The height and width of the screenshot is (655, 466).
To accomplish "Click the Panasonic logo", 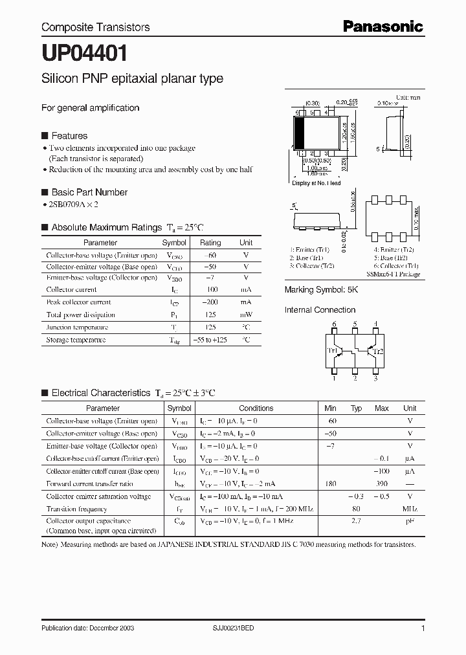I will click(x=383, y=27).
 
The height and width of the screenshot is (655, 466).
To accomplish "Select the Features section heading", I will click(x=69, y=136).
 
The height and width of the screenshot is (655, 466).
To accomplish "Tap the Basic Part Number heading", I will click(x=89, y=192).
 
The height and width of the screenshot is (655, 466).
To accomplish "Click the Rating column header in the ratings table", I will click(x=210, y=243).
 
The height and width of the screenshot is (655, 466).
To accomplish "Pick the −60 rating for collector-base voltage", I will click(x=210, y=254).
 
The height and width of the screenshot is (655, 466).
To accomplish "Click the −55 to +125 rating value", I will click(x=210, y=340).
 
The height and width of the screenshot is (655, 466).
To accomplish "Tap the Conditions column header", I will click(x=256, y=408).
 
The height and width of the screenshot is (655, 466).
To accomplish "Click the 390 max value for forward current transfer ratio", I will click(x=382, y=483).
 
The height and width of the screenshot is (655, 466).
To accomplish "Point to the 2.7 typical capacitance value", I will click(x=356, y=521).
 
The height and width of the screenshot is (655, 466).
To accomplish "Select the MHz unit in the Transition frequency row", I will click(x=410, y=509).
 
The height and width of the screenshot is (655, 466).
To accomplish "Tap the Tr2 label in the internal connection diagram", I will click(x=379, y=351).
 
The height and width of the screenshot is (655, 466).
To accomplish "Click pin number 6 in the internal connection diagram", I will click(x=335, y=324).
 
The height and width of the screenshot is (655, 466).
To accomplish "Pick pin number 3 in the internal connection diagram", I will click(x=376, y=379).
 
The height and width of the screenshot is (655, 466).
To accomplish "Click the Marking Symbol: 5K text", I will click(x=321, y=291).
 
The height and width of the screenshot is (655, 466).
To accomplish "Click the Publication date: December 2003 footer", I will click(x=87, y=628).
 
